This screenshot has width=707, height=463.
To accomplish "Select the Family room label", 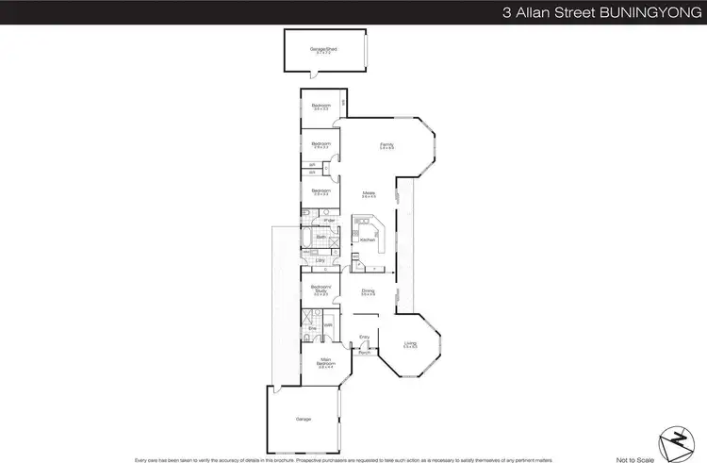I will (386, 144).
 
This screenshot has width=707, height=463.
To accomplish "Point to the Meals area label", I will (370, 193).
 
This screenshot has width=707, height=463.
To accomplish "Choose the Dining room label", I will (369, 290).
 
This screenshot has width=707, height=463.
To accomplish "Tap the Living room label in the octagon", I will (409, 344).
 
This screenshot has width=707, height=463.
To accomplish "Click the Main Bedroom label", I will (324, 361).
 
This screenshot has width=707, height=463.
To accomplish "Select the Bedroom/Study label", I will (321, 290).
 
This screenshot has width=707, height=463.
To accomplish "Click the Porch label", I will (364, 354).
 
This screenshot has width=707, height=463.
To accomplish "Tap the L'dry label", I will (321, 259).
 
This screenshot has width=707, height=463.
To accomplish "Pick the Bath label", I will (321, 238).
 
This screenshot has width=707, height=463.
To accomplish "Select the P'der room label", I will (329, 221).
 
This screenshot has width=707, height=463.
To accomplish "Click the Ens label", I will (311, 328).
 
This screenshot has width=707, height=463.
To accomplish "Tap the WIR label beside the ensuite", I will (329, 326).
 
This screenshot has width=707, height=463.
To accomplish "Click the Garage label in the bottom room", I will (303, 419).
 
